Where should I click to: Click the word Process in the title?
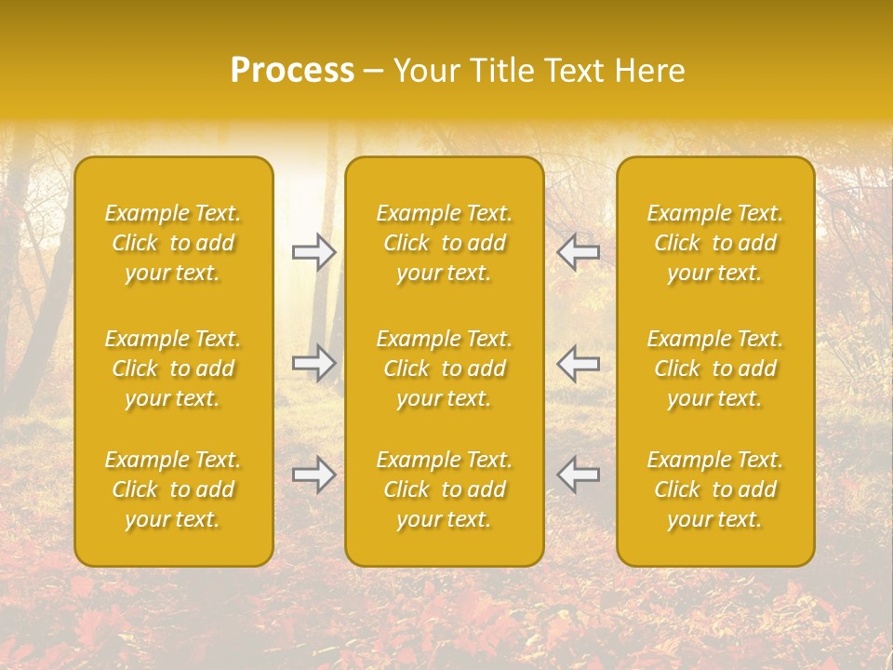[x=292, y=71]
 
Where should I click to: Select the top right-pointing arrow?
[x=314, y=251]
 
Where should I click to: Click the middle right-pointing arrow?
[x=314, y=363]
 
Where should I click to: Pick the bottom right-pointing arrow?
[x=314, y=475]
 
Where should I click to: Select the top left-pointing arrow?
[x=579, y=251]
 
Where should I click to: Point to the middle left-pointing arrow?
[x=579, y=363]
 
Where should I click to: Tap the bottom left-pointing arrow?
[x=579, y=475]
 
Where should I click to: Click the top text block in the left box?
[x=173, y=243]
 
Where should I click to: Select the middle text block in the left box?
[x=173, y=368]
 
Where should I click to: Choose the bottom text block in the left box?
[x=173, y=489]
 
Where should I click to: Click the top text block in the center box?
[x=445, y=243]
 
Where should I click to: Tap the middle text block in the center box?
[x=445, y=368]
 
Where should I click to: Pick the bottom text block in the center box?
[x=445, y=489]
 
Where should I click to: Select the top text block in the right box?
[x=715, y=243]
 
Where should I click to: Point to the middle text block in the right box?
[x=715, y=368]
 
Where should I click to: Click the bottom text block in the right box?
[x=715, y=489]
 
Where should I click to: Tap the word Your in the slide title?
[x=424, y=71]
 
